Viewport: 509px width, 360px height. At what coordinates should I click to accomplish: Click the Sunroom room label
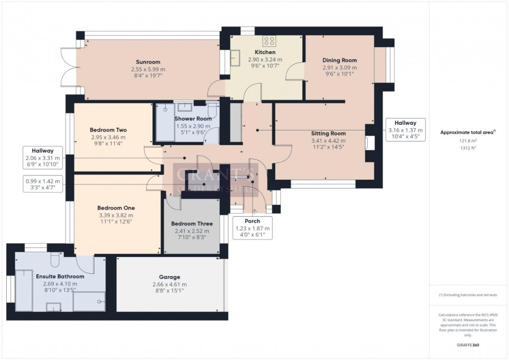(x=148, y=60)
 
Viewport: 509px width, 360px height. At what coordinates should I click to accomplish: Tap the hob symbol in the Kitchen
(x=269, y=41)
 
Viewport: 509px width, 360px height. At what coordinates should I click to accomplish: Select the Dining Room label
(x=339, y=60)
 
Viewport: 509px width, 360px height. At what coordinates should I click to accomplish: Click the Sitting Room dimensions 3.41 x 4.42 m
(x=328, y=140)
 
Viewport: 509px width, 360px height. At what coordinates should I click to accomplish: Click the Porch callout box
(x=253, y=228)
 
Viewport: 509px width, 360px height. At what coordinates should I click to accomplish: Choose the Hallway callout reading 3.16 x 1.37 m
(x=406, y=130)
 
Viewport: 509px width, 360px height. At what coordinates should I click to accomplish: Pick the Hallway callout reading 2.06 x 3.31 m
(x=43, y=158)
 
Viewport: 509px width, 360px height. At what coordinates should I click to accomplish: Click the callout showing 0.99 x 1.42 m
(x=43, y=184)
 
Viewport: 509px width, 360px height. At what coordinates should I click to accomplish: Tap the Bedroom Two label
(x=108, y=130)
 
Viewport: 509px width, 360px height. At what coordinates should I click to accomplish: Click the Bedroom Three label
(x=192, y=224)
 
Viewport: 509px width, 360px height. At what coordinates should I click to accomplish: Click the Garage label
(x=169, y=277)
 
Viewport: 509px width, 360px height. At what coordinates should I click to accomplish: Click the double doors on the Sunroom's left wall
(x=69, y=68)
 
